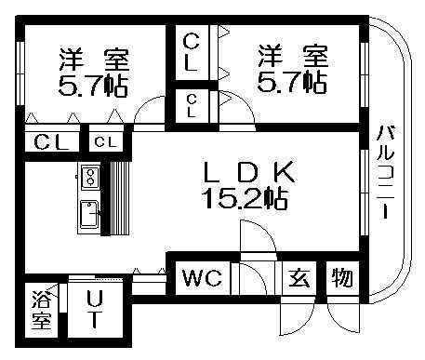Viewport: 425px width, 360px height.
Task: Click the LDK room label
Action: [x=248, y=171]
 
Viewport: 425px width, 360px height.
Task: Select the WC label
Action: [x=201, y=277]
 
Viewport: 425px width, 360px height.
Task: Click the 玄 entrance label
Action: [x=298, y=277]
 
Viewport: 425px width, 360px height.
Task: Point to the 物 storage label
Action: [x=340, y=277]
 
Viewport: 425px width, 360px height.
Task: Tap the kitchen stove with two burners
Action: [x=90, y=175]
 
